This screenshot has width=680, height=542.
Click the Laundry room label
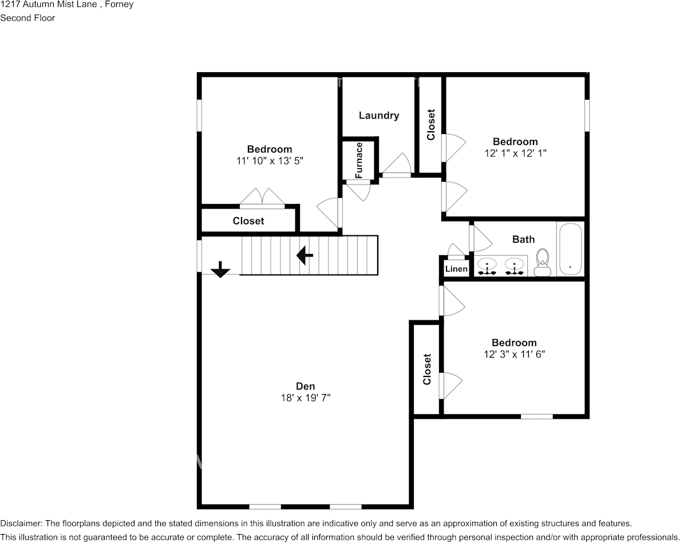click(x=378, y=115)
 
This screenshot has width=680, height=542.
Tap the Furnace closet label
click(x=359, y=160)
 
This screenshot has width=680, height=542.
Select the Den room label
click(x=305, y=386)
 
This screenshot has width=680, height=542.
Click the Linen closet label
click(x=456, y=269)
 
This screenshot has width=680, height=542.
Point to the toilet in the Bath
click(x=541, y=263)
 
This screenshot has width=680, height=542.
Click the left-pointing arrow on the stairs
click(x=304, y=256)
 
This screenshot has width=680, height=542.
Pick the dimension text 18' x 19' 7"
click(x=305, y=397)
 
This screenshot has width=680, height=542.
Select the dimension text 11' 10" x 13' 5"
click(x=269, y=161)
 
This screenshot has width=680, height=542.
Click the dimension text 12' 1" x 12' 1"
click(x=515, y=153)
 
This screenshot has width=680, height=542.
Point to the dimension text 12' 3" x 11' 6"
click(x=513, y=354)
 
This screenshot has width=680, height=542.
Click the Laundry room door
click(x=397, y=166)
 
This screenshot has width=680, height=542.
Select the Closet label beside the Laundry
click(x=431, y=124)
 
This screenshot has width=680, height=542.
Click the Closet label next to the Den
click(x=426, y=369)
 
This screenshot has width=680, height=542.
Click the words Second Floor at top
click(x=27, y=18)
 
